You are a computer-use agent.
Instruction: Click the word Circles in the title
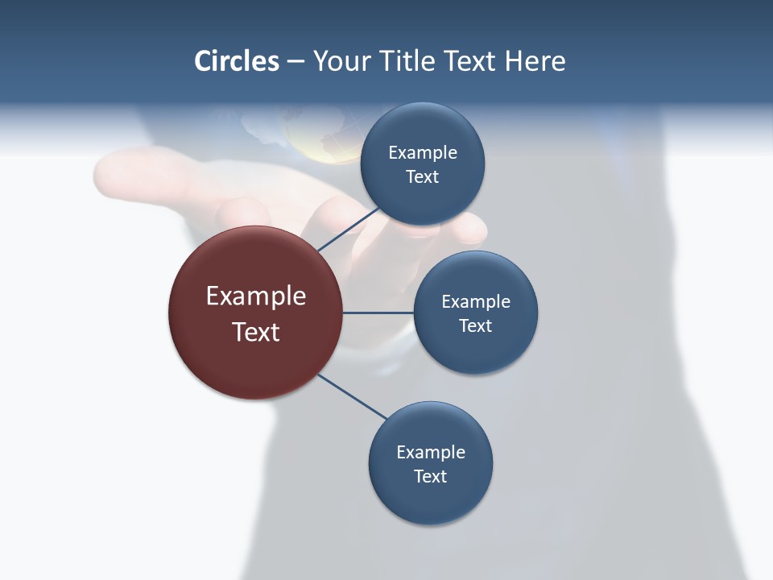237,60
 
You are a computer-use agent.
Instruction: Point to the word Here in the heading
535,60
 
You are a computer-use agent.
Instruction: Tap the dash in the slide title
295,61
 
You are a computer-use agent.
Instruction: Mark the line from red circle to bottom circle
351,396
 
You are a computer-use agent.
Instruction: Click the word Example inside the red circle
256,296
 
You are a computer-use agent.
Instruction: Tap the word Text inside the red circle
256,332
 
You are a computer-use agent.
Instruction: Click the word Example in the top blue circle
423,153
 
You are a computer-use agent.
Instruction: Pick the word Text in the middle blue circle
475,325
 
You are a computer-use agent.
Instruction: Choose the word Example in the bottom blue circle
431,452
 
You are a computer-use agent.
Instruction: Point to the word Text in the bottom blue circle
430,476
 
